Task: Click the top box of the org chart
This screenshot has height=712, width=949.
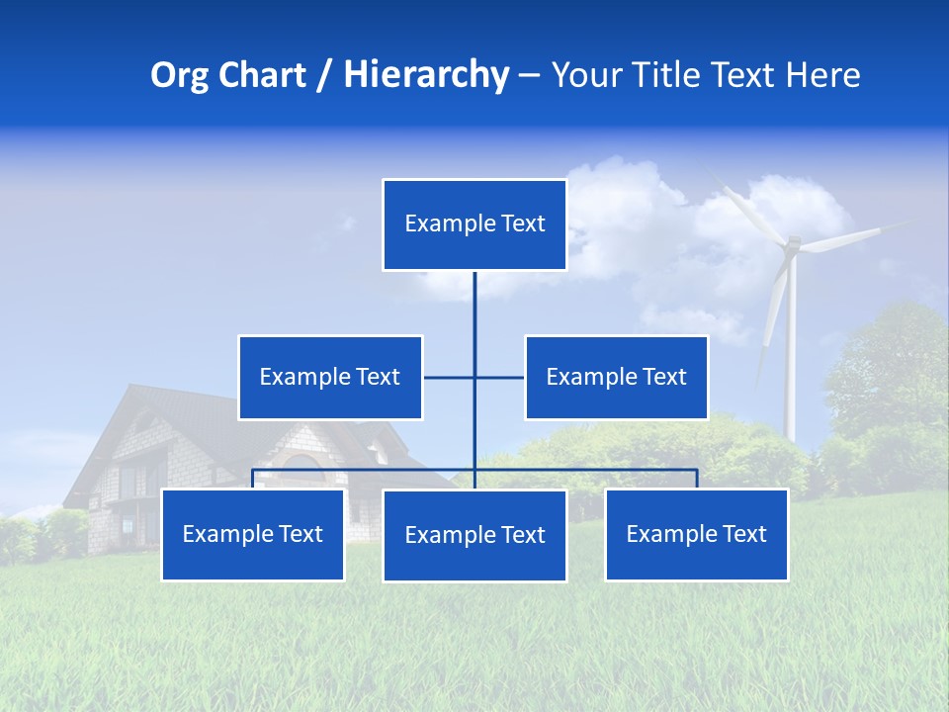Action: pyautogui.click(x=474, y=224)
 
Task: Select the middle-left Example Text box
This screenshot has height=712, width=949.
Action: pyautogui.click(x=330, y=377)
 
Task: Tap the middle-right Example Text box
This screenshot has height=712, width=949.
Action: pyautogui.click(x=616, y=377)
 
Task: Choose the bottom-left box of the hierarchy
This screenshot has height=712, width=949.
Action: pyautogui.click(x=253, y=535)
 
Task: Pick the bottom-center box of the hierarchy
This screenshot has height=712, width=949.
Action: pyautogui.click(x=474, y=536)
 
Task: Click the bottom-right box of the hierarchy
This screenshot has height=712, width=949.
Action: pyautogui.click(x=696, y=535)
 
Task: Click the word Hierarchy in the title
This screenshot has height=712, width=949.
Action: pyautogui.click(x=425, y=75)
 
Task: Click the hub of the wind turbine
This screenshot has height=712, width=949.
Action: pyautogui.click(x=791, y=244)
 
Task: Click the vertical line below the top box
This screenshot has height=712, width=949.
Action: pyautogui.click(x=474, y=307)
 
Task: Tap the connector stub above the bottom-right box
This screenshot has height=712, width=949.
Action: pyautogui.click(x=696, y=479)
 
